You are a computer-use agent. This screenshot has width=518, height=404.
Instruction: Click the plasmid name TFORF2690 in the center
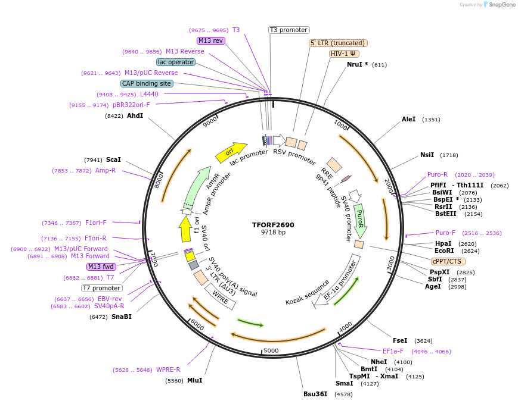tap(273, 225)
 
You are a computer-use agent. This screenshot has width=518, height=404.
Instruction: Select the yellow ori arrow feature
tap(231, 152)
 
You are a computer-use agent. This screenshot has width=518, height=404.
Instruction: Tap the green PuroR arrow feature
tap(359, 220)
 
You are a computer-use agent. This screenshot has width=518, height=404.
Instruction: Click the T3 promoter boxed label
tap(289, 30)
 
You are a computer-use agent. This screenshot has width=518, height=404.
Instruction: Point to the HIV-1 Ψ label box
tap(344, 54)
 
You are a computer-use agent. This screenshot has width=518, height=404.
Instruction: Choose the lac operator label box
tap(176, 62)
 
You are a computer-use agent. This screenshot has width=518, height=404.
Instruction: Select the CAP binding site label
tap(147, 84)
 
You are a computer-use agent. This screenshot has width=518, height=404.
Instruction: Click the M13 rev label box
tap(210, 40)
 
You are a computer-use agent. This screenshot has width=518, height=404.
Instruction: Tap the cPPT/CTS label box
tap(448, 261)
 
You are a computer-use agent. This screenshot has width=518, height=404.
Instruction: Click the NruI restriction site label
tap(357, 64)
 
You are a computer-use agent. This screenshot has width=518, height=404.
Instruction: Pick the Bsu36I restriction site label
tap(315, 394)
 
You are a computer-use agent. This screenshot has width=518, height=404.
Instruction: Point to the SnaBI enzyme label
tap(122, 317)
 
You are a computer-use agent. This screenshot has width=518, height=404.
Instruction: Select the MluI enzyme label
tap(194, 380)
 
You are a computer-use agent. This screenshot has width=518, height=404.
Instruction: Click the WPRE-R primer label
tap(168, 369)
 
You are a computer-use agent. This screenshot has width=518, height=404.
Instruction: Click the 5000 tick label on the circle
tap(271, 350)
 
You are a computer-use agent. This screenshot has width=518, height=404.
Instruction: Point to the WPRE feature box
tap(221, 296)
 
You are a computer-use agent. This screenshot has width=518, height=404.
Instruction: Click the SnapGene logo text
tap(500, 4)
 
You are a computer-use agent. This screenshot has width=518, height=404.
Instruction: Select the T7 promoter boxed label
tap(102, 288)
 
